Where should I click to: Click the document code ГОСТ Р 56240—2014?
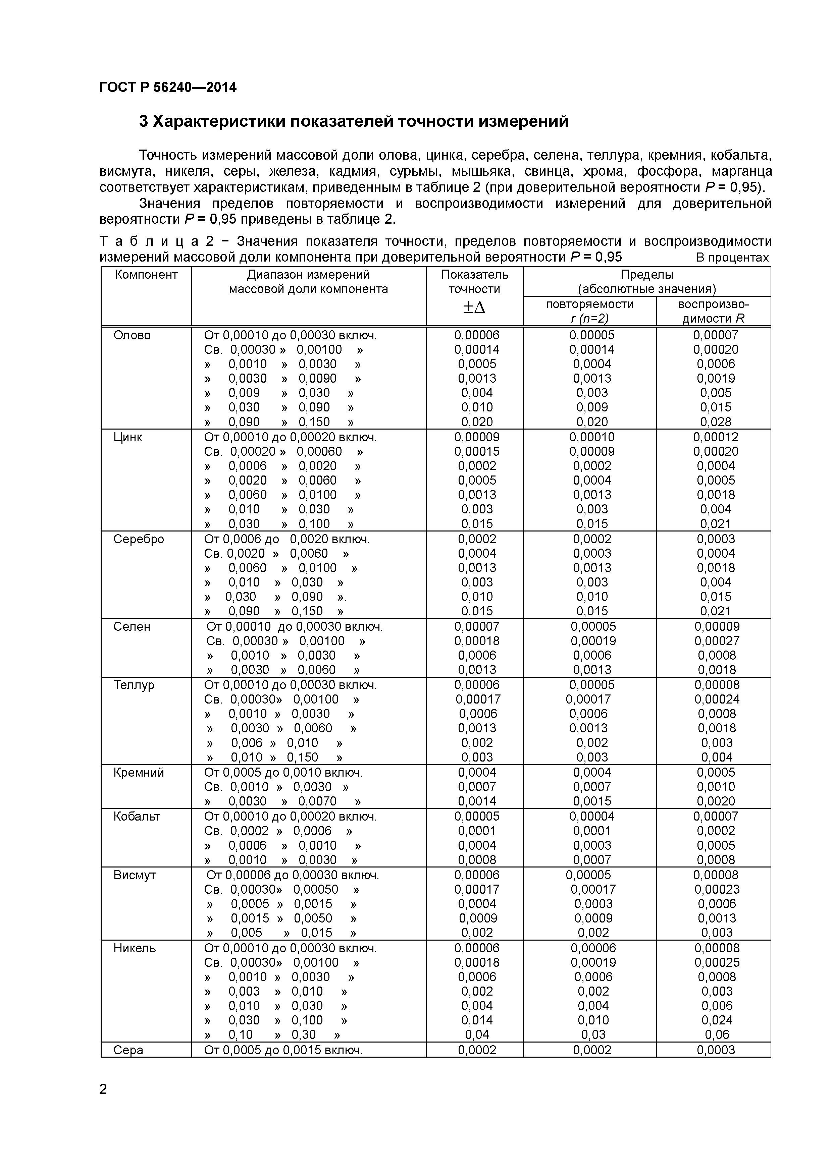tap(168, 88)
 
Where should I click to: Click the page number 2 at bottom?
tap(103, 1089)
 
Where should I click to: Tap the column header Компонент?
tap(146, 275)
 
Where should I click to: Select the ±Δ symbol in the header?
tap(474, 307)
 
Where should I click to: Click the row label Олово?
tap(132, 335)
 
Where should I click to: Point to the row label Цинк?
tap(128, 437)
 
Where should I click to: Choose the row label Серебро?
tap(138, 539)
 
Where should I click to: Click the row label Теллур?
tap(134, 685)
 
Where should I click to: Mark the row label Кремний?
tap(138, 772)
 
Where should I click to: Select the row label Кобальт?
tap(137, 817)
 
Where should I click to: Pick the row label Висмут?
tap(134, 875)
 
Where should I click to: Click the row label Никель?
tap(134, 948)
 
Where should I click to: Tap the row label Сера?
tap(128, 1050)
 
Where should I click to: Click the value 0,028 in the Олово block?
tap(716, 422)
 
